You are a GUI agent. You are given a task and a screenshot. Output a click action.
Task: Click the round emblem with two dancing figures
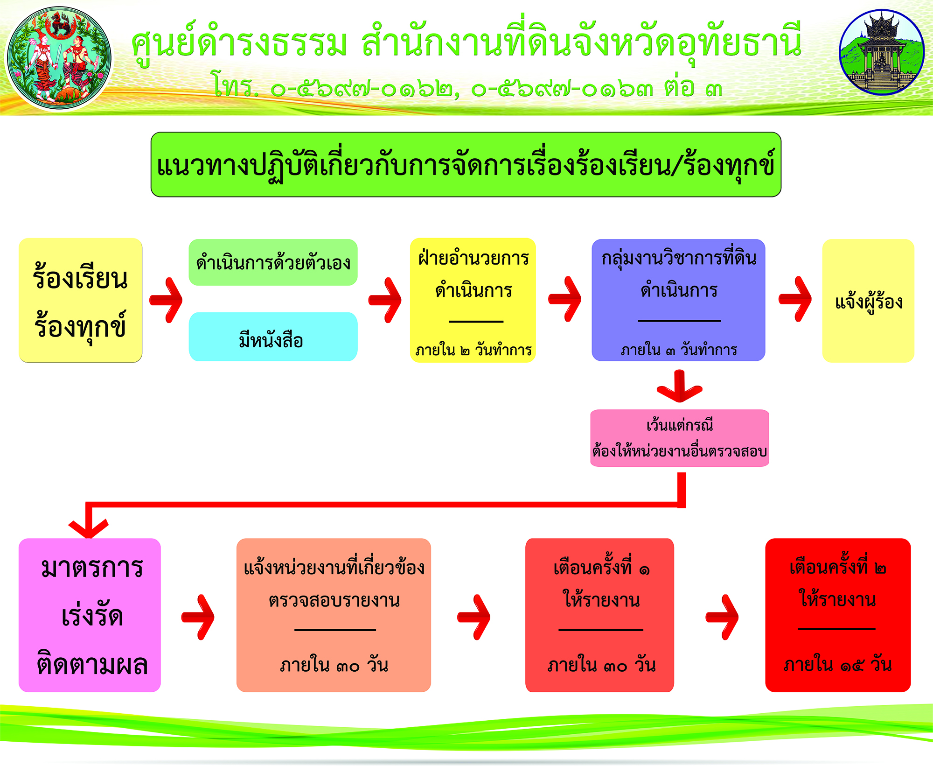59,58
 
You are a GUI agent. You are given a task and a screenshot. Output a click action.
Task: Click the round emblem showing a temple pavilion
881,52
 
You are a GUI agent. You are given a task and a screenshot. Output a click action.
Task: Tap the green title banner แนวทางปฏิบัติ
466,165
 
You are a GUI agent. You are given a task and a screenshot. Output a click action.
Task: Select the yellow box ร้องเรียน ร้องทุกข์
80,300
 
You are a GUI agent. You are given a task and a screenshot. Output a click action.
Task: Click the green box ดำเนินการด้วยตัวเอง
273,262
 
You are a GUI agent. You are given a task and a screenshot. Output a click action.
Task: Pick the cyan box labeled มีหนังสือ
273,337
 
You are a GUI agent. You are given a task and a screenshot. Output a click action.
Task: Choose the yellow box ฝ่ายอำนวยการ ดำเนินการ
473,300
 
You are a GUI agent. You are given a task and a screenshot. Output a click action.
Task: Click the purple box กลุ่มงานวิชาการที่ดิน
678,300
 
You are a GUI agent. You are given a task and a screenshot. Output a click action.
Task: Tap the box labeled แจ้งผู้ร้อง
868,301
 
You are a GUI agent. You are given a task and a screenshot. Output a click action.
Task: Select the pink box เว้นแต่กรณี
680,438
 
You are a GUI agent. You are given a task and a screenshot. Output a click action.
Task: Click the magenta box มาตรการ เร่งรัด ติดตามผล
90,615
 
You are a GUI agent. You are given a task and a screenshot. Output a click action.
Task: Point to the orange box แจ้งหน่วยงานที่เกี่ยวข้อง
334,615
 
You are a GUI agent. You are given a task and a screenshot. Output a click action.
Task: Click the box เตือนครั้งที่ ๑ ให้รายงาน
599,615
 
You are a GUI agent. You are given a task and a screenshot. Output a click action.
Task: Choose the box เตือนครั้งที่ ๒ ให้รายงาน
838,615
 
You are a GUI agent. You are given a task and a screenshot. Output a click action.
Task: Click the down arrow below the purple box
680,386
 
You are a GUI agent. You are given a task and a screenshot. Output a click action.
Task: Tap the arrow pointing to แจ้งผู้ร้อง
795,299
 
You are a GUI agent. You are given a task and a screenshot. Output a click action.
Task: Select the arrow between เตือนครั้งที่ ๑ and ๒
722,617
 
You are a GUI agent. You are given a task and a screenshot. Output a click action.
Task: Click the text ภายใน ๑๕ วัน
838,664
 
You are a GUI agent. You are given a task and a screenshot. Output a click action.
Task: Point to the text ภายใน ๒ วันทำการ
473,350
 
